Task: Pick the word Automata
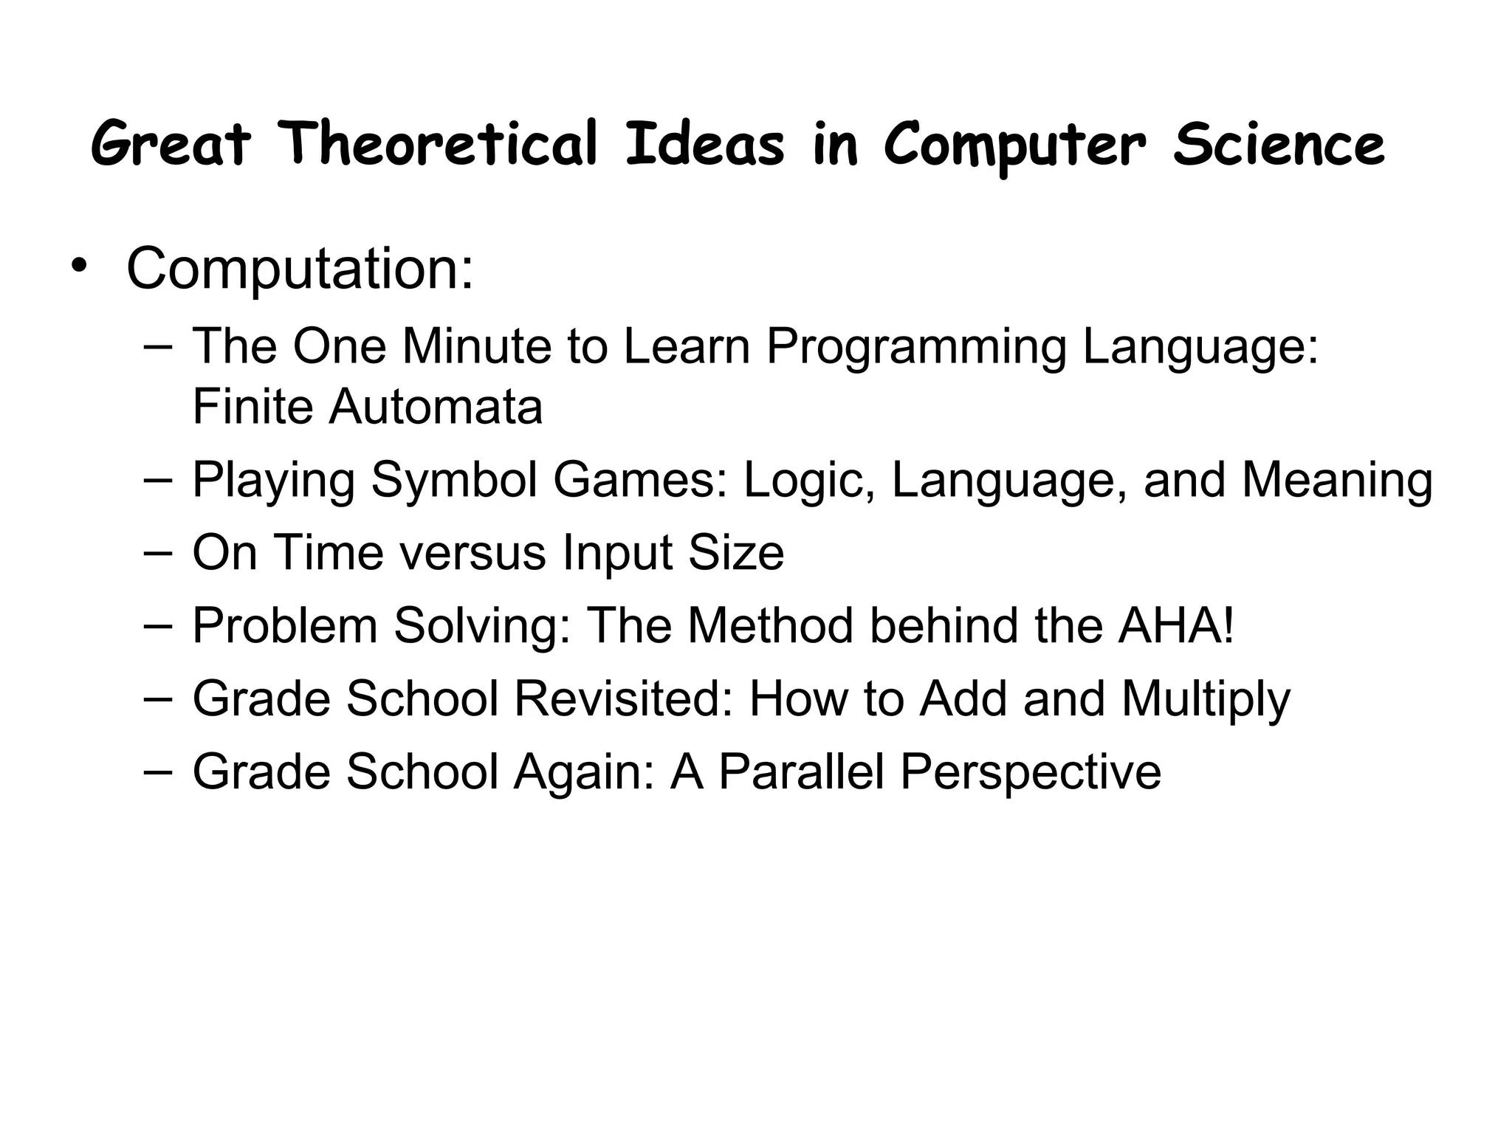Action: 436,407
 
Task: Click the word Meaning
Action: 1336,481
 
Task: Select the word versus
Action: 472,553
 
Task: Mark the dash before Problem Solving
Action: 158,626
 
